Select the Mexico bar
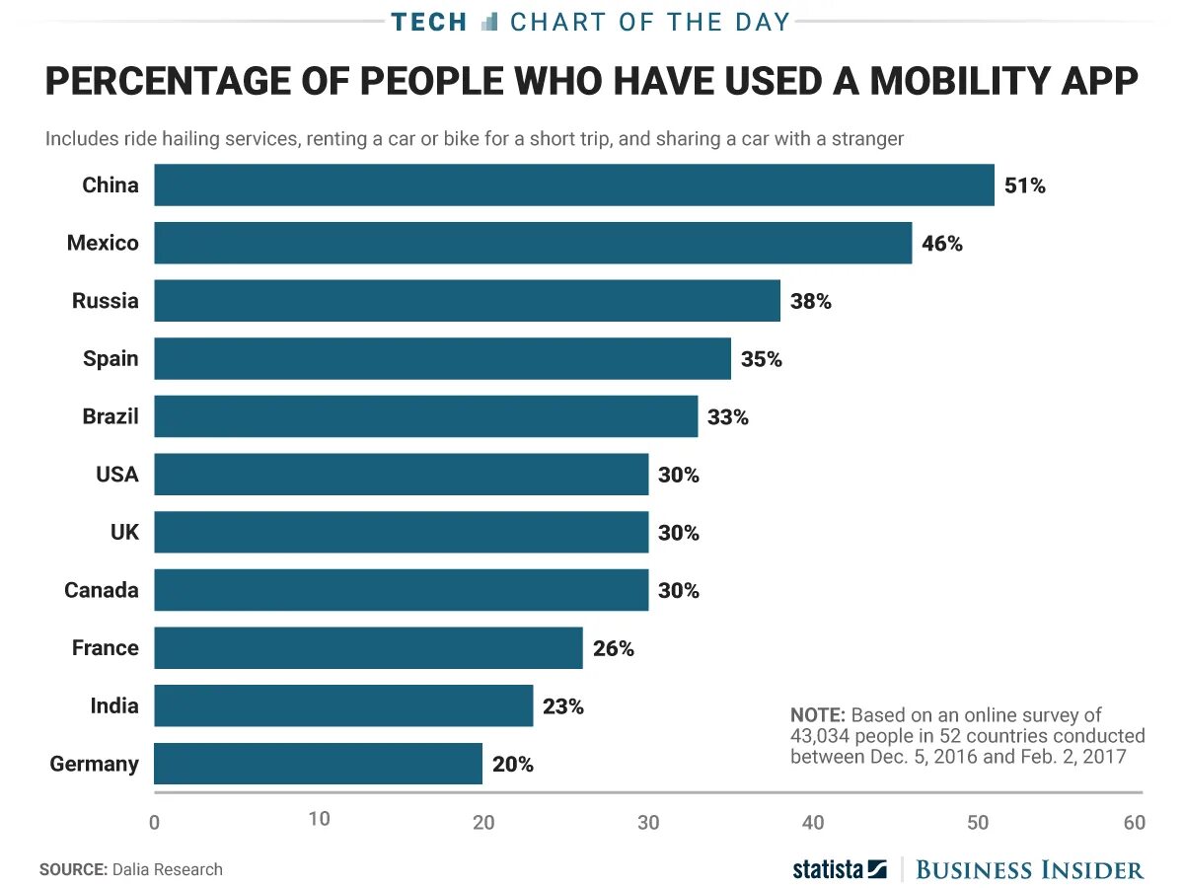(x=533, y=243)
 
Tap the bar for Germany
(x=318, y=764)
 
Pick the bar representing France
(x=368, y=648)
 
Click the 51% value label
(x=1024, y=185)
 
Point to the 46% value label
(x=942, y=243)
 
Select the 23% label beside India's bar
(x=563, y=706)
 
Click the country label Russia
(x=106, y=301)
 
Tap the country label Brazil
(x=111, y=416)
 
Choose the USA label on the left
(x=117, y=475)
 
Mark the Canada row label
(x=102, y=590)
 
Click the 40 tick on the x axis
(x=813, y=822)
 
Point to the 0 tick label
(x=154, y=822)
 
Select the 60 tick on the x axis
(x=1134, y=822)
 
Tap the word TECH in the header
(x=429, y=22)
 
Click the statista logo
(x=840, y=869)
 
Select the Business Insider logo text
(x=1030, y=869)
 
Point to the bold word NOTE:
(x=818, y=714)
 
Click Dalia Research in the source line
(x=167, y=869)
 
